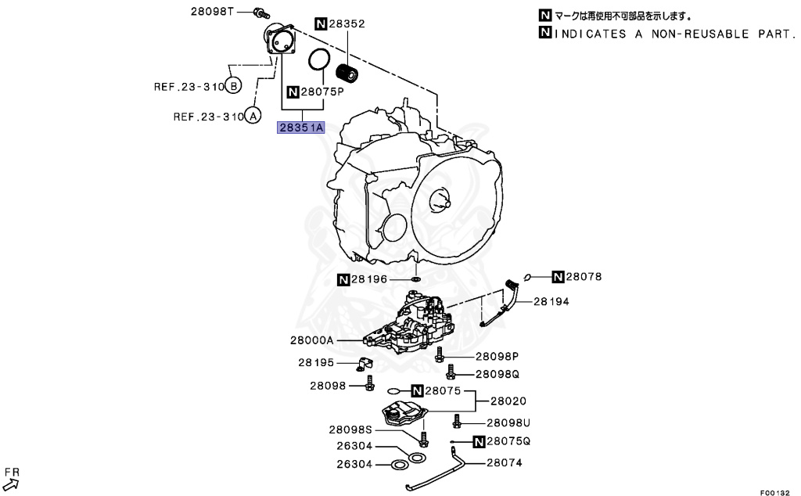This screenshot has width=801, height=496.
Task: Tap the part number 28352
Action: (347, 24)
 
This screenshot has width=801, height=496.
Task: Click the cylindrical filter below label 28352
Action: (346, 74)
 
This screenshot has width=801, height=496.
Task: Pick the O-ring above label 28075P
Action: (318, 59)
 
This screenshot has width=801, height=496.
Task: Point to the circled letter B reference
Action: (233, 85)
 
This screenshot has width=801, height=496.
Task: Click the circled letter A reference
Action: (252, 117)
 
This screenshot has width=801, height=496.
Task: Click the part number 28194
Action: (552, 300)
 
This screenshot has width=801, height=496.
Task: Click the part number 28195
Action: (315, 362)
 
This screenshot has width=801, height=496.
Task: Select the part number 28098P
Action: (497, 356)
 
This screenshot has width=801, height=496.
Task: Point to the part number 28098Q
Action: (497, 374)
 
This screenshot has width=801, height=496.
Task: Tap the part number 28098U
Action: (508, 422)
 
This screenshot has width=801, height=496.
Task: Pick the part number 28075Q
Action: (508, 441)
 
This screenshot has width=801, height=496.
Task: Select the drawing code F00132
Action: (776, 491)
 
